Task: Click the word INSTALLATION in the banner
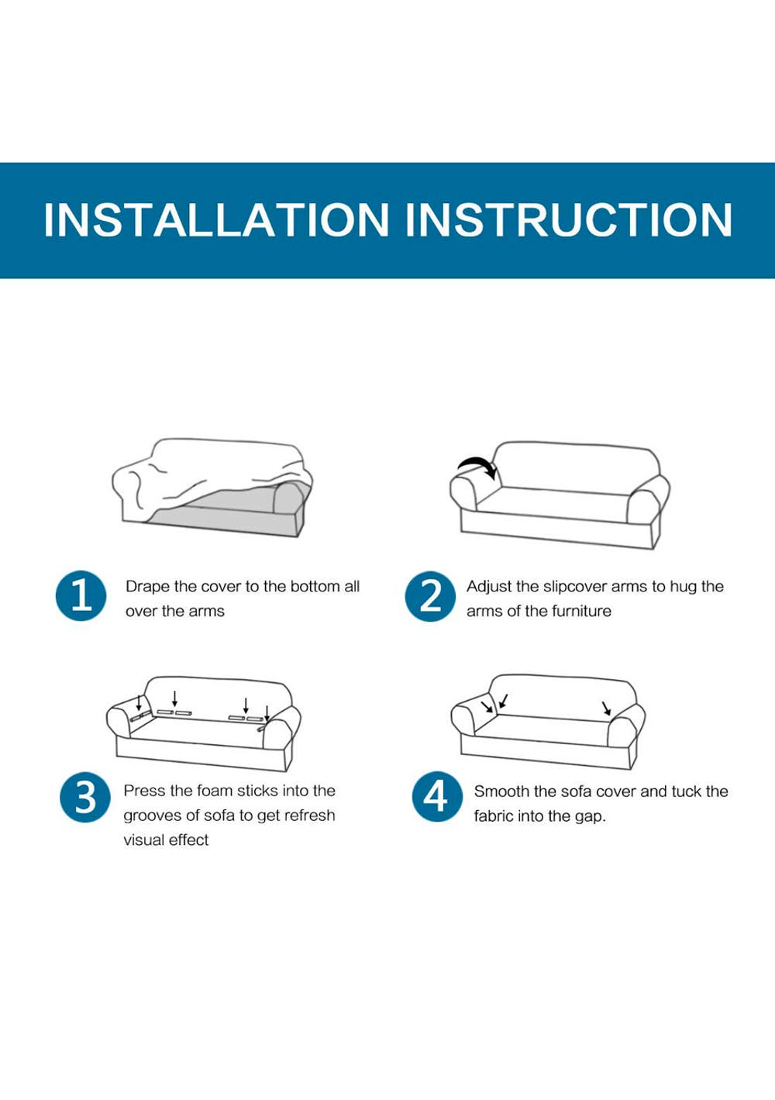216,219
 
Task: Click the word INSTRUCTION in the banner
569,219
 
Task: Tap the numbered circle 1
81,595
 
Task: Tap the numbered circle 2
430,596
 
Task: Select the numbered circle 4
437,798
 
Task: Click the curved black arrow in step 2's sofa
477,466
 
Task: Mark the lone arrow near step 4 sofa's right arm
607,709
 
